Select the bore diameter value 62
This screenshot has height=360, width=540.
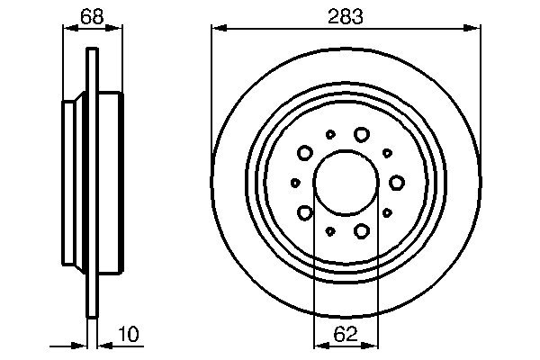pos(346,335)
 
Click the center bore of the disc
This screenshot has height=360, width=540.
pos(346,183)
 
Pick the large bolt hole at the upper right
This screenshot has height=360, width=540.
pos(362,134)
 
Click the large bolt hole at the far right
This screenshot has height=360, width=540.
pos(397,183)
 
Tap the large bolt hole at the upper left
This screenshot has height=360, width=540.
pos(305,153)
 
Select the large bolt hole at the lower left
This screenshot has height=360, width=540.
pos(305,212)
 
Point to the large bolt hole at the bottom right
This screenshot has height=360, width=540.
pos(362,231)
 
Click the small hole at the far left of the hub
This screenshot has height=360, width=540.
pos(295,183)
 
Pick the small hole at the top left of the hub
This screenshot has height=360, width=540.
pos(330,134)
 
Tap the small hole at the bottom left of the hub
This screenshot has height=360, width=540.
pos(330,231)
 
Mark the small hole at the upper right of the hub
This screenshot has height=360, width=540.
pos(387,153)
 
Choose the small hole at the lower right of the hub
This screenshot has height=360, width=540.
pos(387,212)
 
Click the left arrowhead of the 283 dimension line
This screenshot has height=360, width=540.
pos(216,29)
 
